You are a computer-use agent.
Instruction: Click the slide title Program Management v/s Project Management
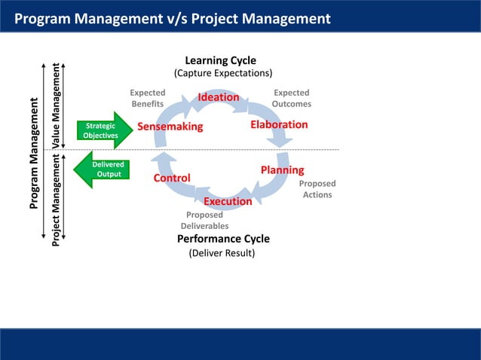click(x=173, y=18)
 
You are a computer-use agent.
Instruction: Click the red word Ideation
click(x=219, y=97)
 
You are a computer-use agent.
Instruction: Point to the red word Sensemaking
click(x=170, y=127)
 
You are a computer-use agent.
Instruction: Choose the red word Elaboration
click(x=279, y=124)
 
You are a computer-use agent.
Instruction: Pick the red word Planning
click(x=282, y=170)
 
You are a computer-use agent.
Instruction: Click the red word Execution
click(x=228, y=201)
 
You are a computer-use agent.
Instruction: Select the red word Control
click(x=172, y=178)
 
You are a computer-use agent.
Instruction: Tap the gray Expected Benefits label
click(x=148, y=99)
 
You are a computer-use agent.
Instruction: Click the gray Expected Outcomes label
click(x=291, y=99)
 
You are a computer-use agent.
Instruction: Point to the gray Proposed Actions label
click(x=317, y=189)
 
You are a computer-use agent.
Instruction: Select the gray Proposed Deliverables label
click(x=204, y=220)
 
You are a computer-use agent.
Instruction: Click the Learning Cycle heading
click(x=221, y=60)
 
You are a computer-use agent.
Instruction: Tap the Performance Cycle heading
click(x=223, y=239)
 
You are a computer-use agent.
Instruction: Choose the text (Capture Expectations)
click(x=223, y=74)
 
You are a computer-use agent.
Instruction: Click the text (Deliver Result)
click(x=222, y=253)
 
